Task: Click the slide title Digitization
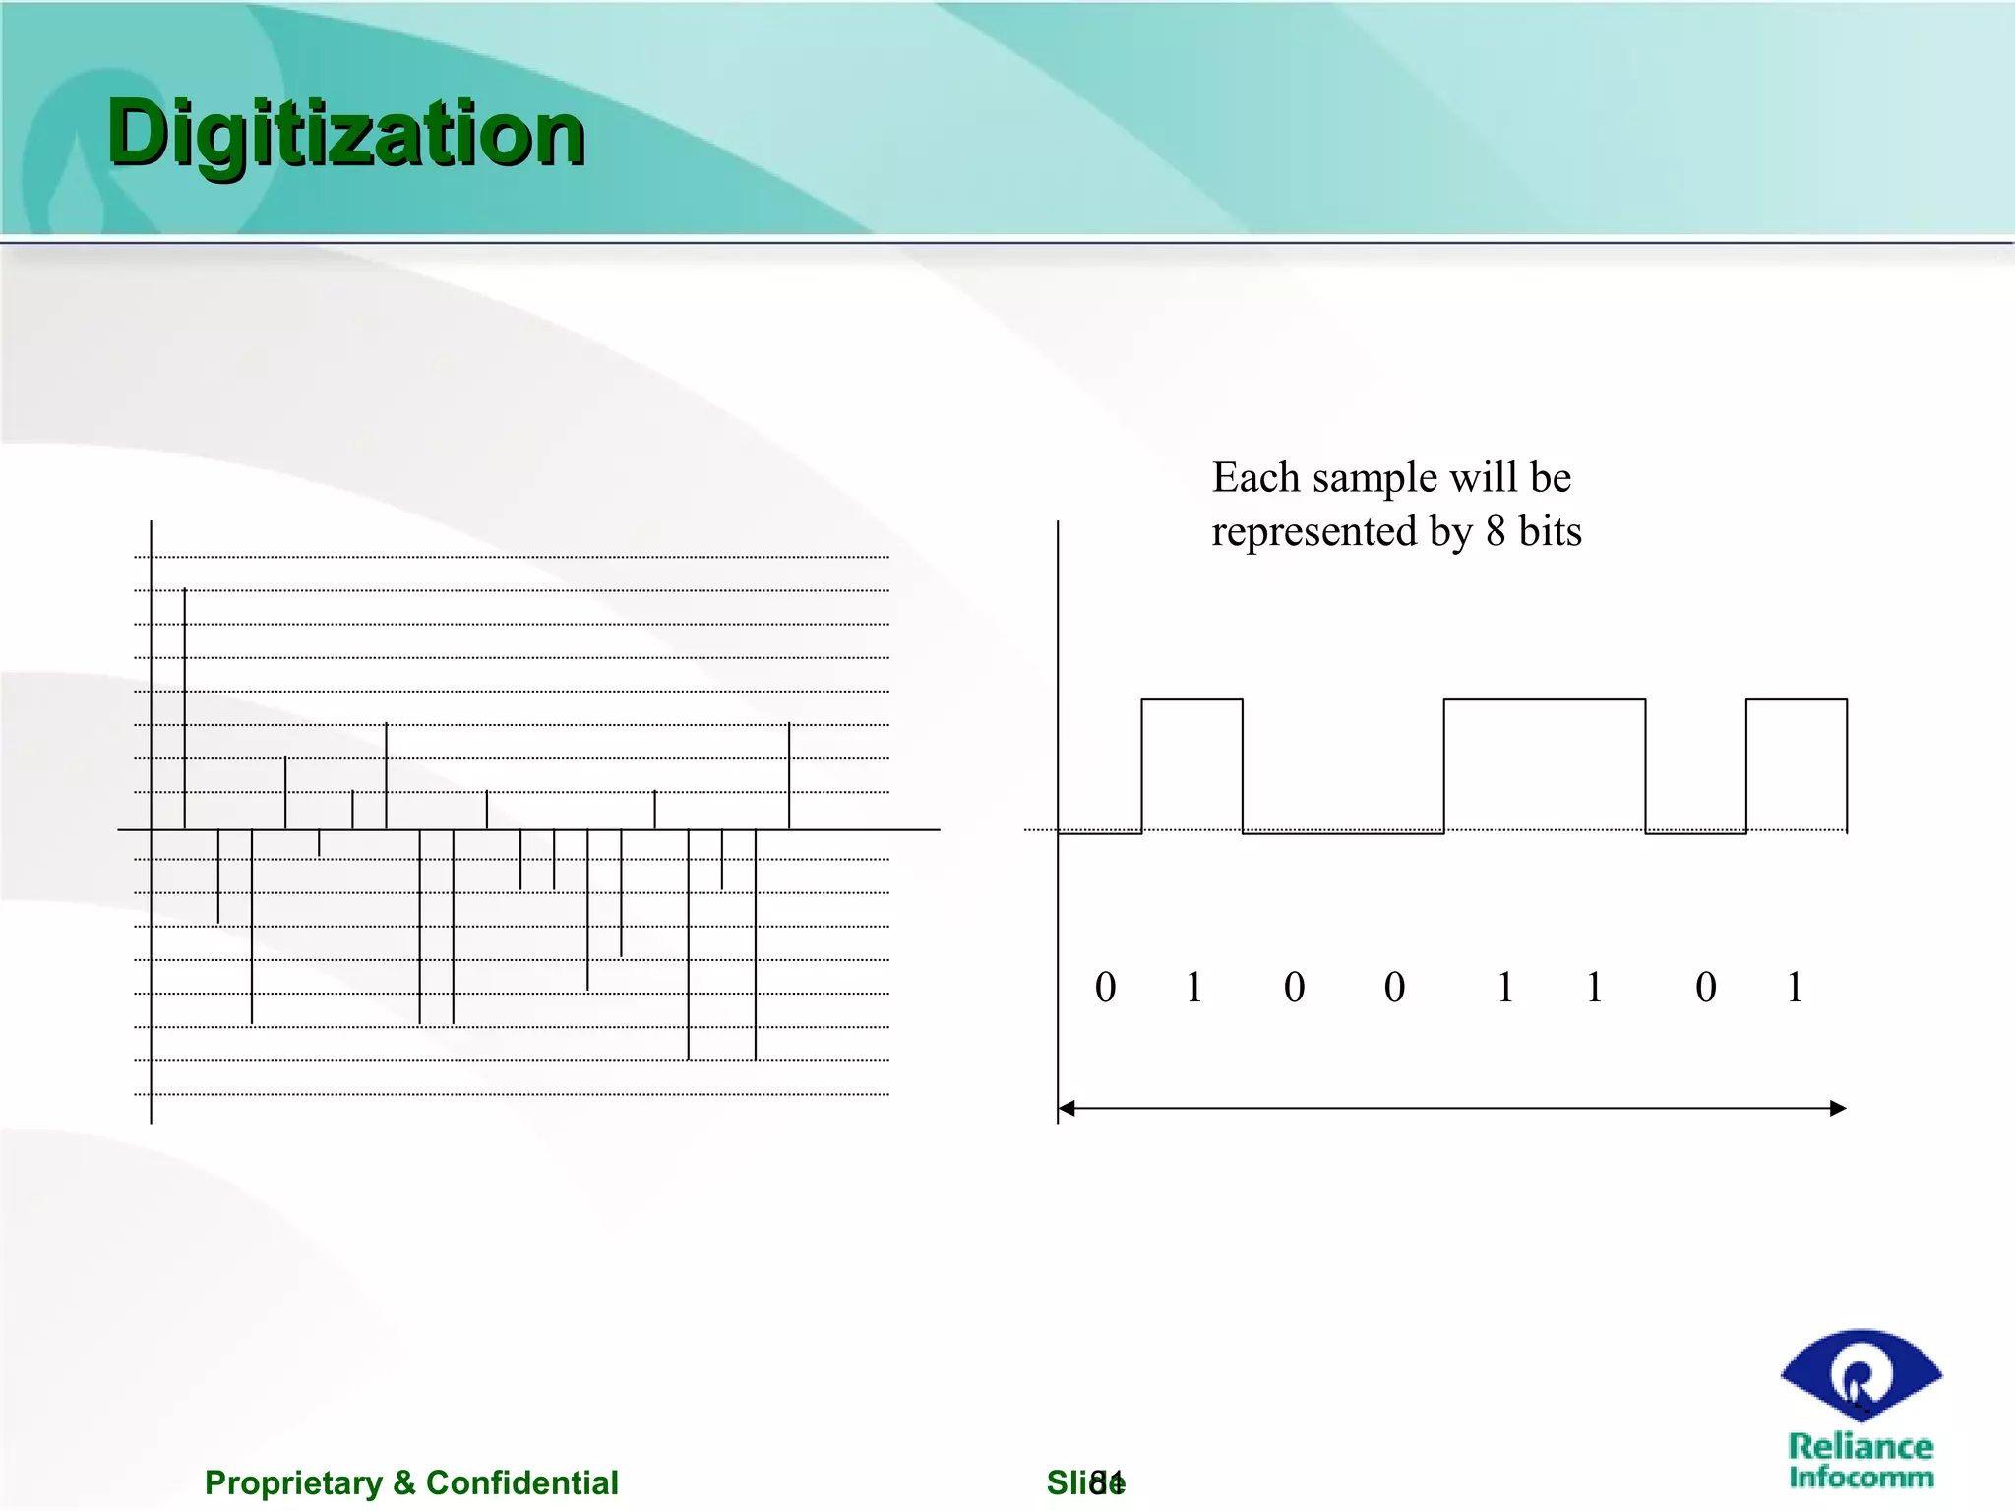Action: pos(346,135)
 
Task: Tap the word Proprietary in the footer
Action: pos(293,1482)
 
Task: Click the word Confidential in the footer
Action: pos(521,1482)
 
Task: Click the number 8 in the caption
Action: pos(1496,532)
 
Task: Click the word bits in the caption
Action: pos(1550,532)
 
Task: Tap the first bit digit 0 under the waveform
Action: pos(1105,987)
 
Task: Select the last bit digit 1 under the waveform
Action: pos(1795,987)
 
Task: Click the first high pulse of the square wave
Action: pos(1191,700)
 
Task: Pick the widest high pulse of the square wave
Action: pos(1544,700)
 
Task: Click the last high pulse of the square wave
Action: pos(1796,700)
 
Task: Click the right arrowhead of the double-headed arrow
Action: pos(1837,1109)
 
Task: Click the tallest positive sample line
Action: pos(185,708)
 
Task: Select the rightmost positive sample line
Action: pos(789,777)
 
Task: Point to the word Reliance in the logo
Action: pos(1860,1446)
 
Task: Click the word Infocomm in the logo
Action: pos(1861,1477)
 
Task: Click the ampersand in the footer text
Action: pos(403,1482)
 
